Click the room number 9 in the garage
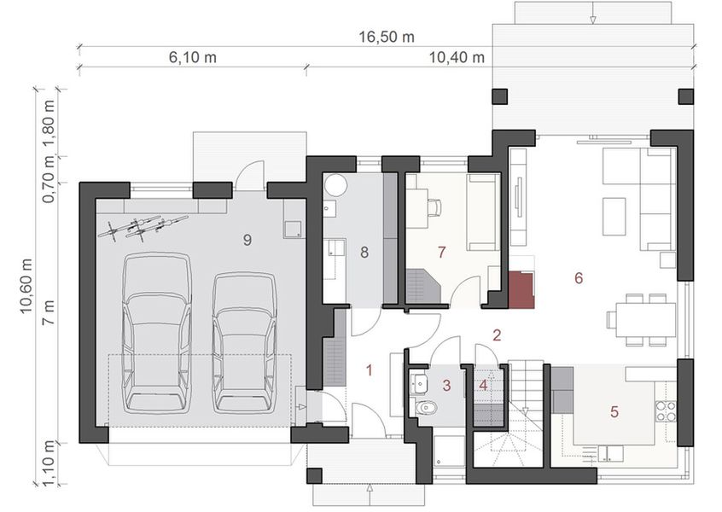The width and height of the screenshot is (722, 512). click(247, 241)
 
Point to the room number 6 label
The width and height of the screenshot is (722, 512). click(579, 277)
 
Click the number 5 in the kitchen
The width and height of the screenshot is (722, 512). click(614, 411)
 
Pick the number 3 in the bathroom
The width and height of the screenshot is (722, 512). click(446, 385)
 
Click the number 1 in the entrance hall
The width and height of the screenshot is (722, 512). click(370, 370)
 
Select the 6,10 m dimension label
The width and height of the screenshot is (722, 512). click(192, 58)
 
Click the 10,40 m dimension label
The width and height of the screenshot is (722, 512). click(456, 58)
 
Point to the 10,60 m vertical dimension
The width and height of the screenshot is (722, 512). click(26, 273)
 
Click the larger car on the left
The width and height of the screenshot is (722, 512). click(156, 329)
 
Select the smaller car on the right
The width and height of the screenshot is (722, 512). click(245, 340)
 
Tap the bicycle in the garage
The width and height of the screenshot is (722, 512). click(141, 225)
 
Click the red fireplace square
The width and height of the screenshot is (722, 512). click(521, 290)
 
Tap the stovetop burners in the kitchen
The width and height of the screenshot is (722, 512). click(666, 411)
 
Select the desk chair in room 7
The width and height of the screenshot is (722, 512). click(435, 207)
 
